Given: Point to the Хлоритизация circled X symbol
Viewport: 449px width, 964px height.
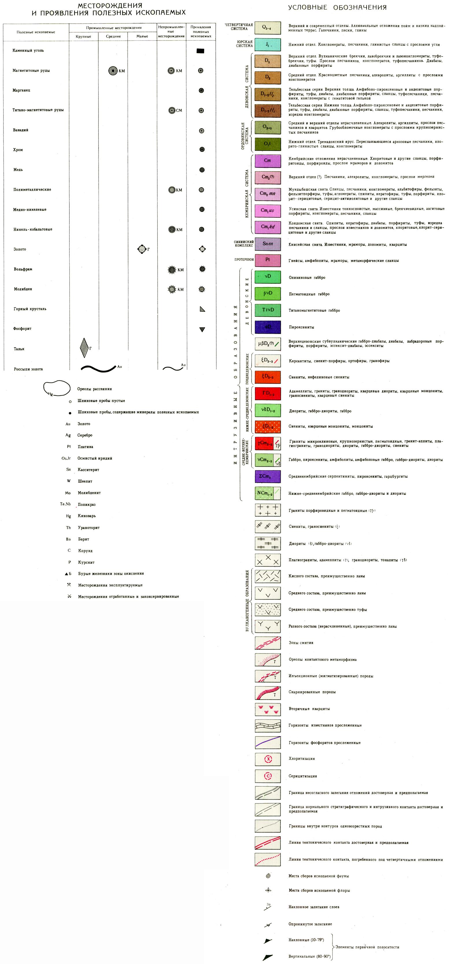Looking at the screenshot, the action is [268, 759].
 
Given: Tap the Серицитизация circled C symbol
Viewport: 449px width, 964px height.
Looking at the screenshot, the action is [268, 776].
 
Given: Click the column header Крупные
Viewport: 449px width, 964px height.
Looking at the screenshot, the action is [84, 36].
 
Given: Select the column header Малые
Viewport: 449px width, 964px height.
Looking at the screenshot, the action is [142, 36].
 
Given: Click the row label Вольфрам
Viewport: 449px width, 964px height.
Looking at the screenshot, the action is [23, 269].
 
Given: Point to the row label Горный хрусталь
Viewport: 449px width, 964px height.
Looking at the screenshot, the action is [30, 309].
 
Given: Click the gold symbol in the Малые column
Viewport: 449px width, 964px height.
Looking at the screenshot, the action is [142, 249].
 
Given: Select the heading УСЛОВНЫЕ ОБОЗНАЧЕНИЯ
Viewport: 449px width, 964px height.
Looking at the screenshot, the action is [337, 8].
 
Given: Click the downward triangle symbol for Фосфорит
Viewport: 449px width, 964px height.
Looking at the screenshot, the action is [202, 329].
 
